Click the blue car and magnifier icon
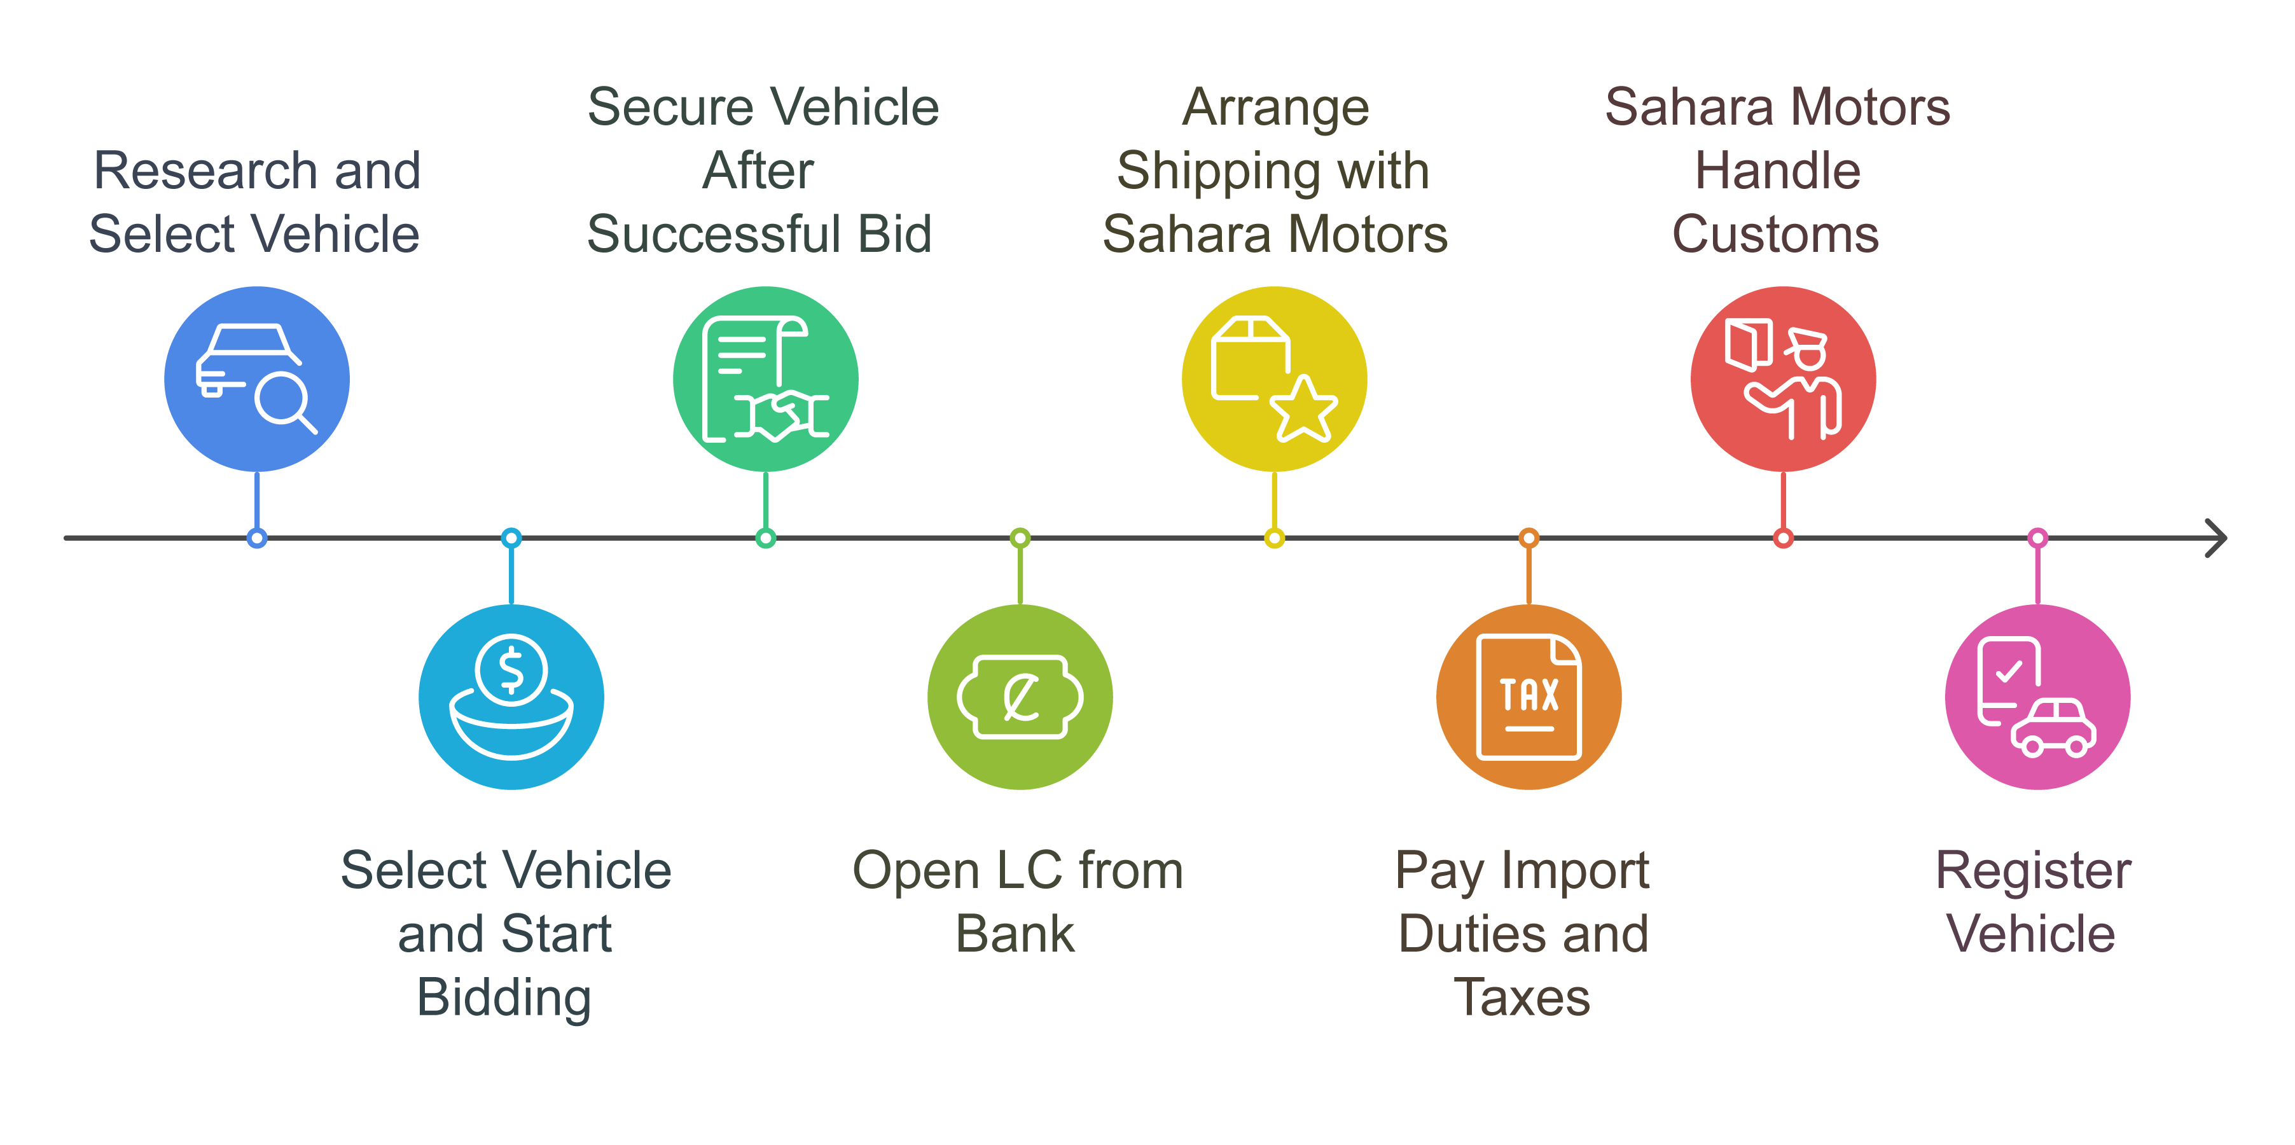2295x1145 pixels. coord(256,378)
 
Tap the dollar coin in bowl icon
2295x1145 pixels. coord(511,697)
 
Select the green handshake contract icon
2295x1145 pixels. coord(765,378)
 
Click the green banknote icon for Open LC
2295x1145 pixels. coord(1020,697)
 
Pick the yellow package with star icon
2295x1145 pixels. coord(1274,378)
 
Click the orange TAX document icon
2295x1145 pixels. coord(1529,697)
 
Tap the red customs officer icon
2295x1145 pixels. coord(1783,378)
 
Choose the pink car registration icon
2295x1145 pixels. coord(2037,697)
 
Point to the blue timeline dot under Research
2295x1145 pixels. coord(256,538)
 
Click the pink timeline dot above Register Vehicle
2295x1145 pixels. coord(2037,538)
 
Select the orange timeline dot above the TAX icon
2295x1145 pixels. coord(1529,538)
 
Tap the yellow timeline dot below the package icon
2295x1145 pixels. coord(1274,538)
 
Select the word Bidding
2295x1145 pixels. coord(504,997)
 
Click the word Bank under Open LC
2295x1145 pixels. coord(1016,934)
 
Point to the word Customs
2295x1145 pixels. coord(1775,234)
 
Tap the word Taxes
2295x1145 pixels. coord(1523,997)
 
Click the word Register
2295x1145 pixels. coord(2034,871)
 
